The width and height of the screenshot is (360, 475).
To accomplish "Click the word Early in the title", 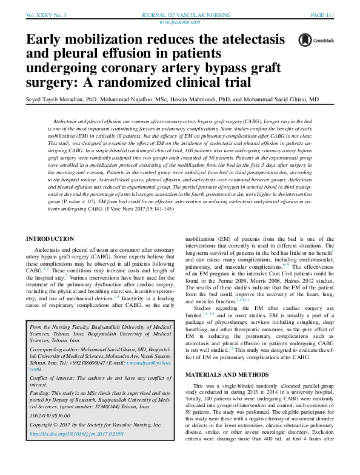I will pyautogui.click(x=44, y=41).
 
